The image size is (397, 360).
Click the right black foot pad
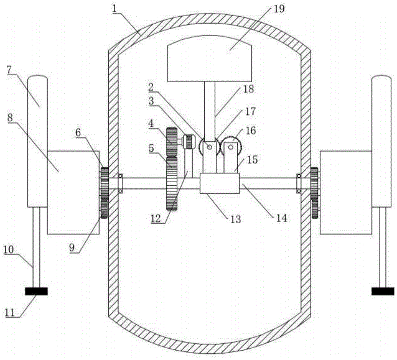pyautogui.click(x=382, y=290)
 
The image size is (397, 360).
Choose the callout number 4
pyautogui.click(x=151, y=124)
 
